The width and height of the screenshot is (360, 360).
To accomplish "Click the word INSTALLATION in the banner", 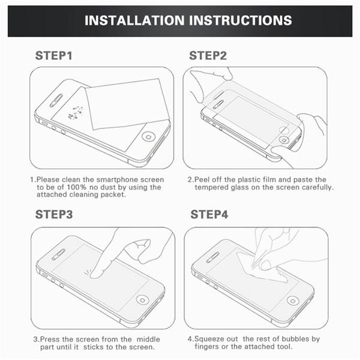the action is click(x=134, y=20).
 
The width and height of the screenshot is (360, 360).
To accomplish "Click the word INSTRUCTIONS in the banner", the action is click(x=241, y=20).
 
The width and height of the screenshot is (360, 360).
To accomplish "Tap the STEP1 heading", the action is click(x=54, y=56).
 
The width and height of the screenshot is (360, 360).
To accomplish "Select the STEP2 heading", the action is click(x=208, y=56).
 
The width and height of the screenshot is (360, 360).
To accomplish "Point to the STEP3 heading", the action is click(x=54, y=214).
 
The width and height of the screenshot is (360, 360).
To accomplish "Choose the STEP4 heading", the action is click(x=209, y=214).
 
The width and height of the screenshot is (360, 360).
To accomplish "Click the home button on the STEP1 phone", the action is click(x=149, y=137).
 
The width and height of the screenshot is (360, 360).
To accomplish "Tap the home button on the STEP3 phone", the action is click(x=143, y=300).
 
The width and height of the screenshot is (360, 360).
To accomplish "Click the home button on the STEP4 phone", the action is click(x=293, y=301).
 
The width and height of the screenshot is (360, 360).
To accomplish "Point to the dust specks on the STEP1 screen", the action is click(x=76, y=113).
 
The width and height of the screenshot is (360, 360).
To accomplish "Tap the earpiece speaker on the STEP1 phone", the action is click(x=56, y=101).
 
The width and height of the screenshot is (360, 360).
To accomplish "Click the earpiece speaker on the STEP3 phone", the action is click(x=58, y=254).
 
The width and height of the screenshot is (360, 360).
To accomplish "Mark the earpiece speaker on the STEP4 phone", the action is click(x=212, y=257).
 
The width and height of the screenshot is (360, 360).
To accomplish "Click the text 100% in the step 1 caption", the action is click(x=76, y=187).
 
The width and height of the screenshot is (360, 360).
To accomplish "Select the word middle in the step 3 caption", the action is click(x=148, y=339).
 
